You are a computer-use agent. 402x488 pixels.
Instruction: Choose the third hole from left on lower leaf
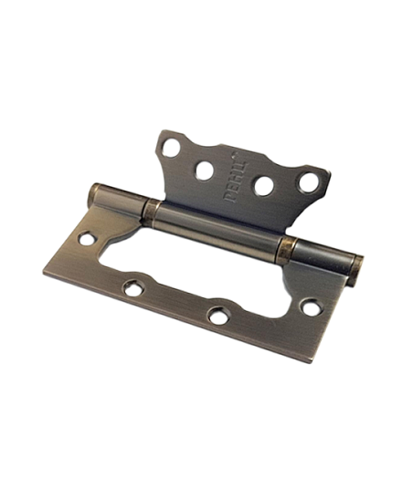point(217,316)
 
